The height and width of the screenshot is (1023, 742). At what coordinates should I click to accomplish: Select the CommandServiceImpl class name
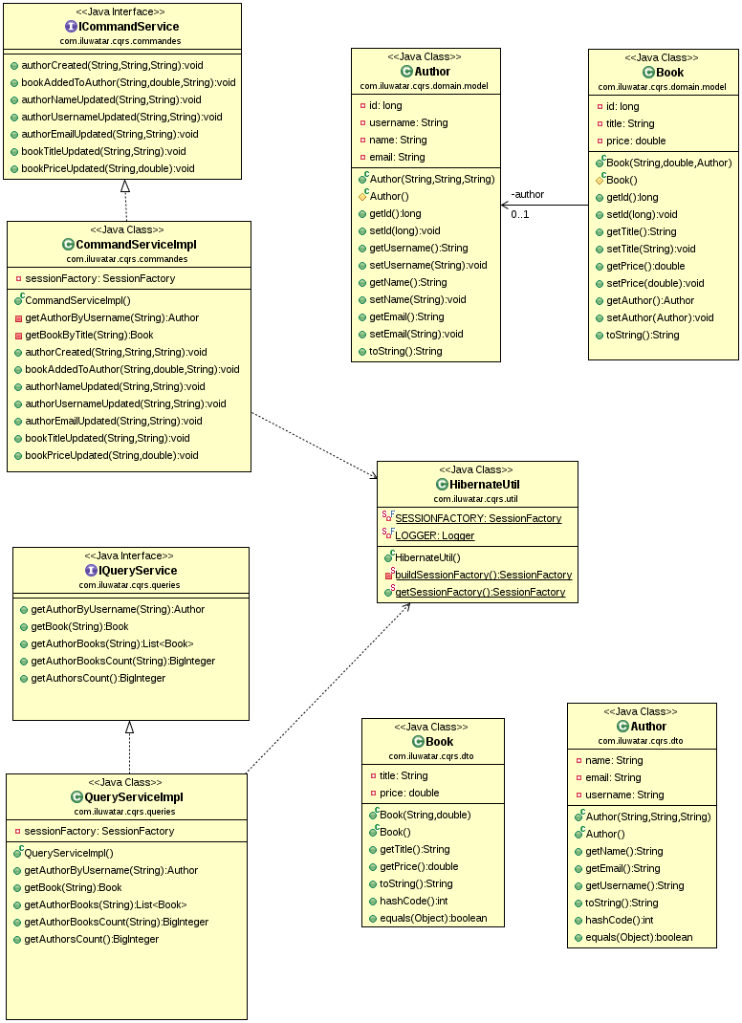135,245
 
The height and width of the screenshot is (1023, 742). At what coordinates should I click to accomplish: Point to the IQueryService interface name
138,571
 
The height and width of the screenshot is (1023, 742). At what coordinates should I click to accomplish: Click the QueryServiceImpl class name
134,797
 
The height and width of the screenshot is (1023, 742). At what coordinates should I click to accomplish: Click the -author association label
527,195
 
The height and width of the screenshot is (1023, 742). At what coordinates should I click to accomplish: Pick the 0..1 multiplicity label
520,214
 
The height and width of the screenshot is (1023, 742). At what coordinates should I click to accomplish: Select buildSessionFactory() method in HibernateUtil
483,575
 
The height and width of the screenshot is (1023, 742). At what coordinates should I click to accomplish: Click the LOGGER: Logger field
434,535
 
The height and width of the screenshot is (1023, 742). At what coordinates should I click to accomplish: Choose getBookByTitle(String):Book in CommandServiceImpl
89,335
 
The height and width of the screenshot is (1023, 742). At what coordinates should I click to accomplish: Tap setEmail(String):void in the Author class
416,334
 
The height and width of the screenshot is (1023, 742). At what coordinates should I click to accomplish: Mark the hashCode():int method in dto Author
621,920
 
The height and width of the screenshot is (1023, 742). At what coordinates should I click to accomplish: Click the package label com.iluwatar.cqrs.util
475,499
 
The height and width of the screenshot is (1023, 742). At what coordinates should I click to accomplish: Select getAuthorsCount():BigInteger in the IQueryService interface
98,678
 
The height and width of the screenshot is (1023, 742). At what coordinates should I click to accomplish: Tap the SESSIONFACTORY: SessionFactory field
478,518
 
